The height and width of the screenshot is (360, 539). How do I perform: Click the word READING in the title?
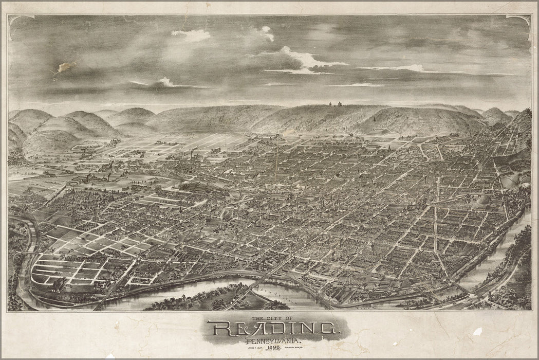pyautogui.click(x=272, y=328)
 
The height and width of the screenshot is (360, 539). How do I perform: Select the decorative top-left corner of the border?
pyautogui.click(x=21, y=21)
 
